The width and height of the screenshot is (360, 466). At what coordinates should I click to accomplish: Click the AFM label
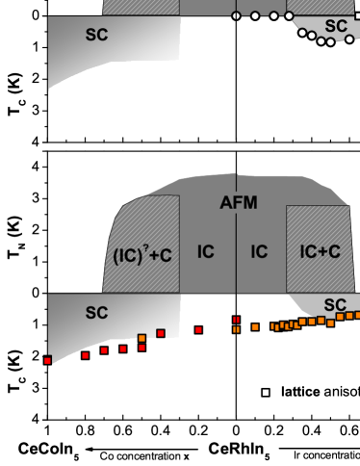tap(239, 202)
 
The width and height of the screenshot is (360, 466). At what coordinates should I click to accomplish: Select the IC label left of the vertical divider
tap(206, 252)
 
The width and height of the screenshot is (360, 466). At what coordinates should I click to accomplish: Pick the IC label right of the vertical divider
tap(259, 252)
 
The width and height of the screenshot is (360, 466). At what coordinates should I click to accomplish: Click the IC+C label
tap(320, 252)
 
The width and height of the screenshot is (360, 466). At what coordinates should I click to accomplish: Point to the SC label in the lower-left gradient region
tap(96, 313)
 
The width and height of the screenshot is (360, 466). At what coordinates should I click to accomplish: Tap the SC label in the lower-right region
tap(334, 305)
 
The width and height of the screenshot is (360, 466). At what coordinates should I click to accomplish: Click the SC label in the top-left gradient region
tap(96, 35)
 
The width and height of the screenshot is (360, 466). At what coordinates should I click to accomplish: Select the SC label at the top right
tap(336, 26)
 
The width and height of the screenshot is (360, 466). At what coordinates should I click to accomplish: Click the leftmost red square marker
tap(47, 360)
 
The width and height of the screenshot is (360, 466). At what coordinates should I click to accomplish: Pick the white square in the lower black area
tap(266, 392)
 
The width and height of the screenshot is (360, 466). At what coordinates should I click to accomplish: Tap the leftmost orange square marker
tap(141, 338)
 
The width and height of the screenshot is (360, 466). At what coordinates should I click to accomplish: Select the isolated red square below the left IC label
tap(198, 329)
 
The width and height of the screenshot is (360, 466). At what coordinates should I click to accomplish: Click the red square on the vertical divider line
tap(236, 320)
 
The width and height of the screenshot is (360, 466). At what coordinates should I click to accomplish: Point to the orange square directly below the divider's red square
tap(236, 329)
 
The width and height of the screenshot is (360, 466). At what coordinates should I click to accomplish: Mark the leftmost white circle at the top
tap(236, 15)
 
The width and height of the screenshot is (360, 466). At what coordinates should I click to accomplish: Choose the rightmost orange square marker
tap(357, 314)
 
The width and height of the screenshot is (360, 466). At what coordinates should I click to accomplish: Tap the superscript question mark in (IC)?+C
tap(146, 246)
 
